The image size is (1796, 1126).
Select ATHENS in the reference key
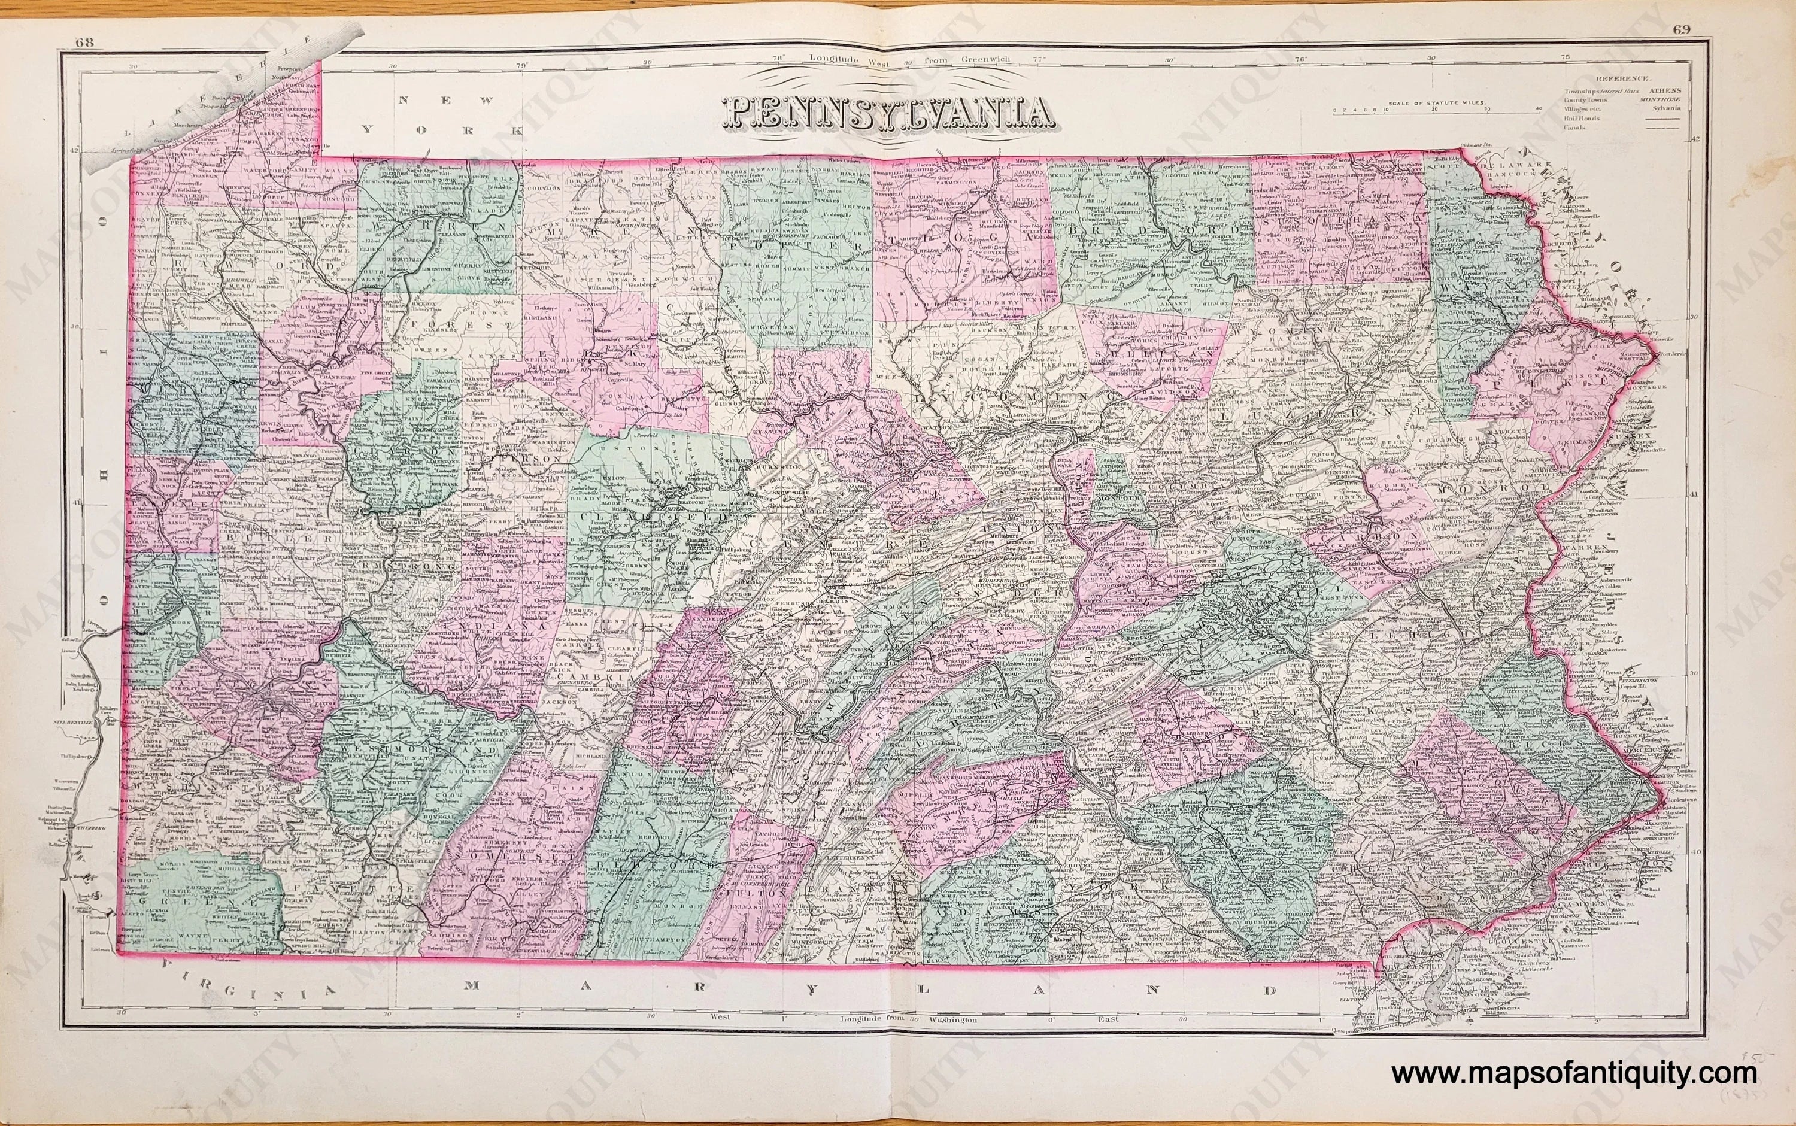click(x=1662, y=90)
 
